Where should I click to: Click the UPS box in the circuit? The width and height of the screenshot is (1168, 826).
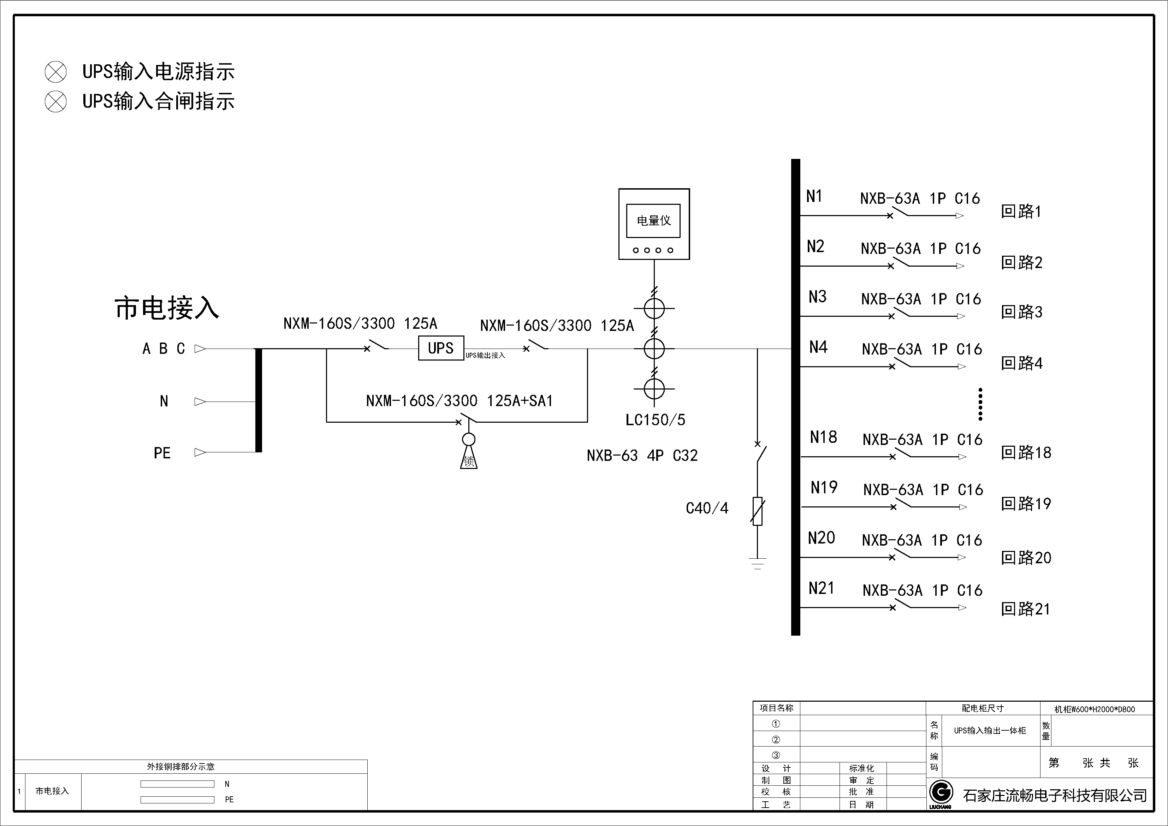(x=440, y=349)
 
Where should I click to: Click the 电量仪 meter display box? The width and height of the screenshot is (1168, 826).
(x=654, y=221)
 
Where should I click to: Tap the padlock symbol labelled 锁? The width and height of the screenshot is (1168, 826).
(x=469, y=460)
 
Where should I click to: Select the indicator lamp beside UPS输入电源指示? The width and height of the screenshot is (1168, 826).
(x=55, y=72)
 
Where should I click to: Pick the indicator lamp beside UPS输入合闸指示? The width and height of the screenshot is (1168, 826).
(x=55, y=102)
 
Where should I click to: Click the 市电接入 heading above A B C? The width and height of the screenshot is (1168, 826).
(x=167, y=308)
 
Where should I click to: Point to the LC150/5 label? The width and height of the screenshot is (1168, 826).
(x=655, y=420)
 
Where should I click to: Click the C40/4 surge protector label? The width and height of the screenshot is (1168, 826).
(x=707, y=508)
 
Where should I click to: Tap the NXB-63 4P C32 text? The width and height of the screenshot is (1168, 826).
(x=642, y=456)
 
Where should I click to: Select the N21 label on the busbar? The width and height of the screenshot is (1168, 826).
(x=822, y=588)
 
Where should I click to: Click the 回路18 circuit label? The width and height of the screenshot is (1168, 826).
(x=1026, y=453)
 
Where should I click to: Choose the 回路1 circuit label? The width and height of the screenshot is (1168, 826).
(x=1021, y=212)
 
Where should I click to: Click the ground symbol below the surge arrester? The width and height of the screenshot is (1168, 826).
(x=758, y=563)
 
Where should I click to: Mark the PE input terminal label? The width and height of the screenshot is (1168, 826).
(x=162, y=453)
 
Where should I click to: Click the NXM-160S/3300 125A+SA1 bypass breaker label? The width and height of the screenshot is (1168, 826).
(x=459, y=401)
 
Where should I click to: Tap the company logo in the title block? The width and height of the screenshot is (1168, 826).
(x=941, y=793)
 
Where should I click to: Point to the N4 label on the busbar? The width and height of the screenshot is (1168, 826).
(x=818, y=347)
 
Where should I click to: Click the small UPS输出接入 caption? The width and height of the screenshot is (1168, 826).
(x=485, y=356)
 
